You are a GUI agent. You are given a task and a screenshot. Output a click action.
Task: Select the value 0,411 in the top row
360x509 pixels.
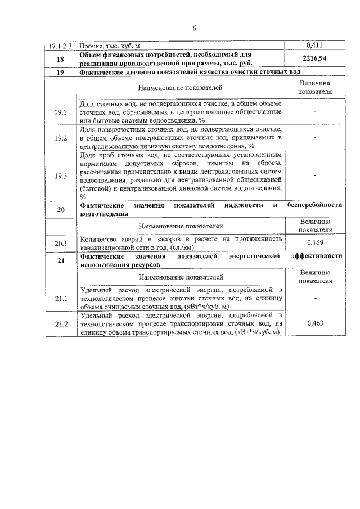tap(314, 45)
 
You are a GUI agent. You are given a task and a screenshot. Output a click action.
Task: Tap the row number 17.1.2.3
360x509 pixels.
tap(61, 45)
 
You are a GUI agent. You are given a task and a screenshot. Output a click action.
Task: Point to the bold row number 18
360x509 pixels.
tap(61, 58)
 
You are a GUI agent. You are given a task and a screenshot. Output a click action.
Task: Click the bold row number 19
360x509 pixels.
tap(61, 73)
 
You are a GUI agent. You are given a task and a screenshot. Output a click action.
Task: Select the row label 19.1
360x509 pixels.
tap(61, 112)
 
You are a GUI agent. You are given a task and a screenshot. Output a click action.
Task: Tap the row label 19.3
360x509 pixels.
tap(61, 176)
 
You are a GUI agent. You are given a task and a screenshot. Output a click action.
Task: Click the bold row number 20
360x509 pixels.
tap(61, 210)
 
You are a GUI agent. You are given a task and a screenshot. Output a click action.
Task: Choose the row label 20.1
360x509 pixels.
tap(61, 243)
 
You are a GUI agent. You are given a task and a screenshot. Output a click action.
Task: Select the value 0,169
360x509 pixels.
tap(314, 243)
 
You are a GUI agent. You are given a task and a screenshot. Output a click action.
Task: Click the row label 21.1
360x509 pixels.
tap(61, 298)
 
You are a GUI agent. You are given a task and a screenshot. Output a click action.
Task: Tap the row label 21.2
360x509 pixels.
tap(61, 324)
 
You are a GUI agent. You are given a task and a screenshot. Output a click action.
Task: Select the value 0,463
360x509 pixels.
tap(314, 324)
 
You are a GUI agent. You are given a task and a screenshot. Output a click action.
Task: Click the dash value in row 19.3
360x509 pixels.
tap(314, 176)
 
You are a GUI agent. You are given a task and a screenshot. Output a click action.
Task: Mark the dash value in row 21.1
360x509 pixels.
tap(314, 298)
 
